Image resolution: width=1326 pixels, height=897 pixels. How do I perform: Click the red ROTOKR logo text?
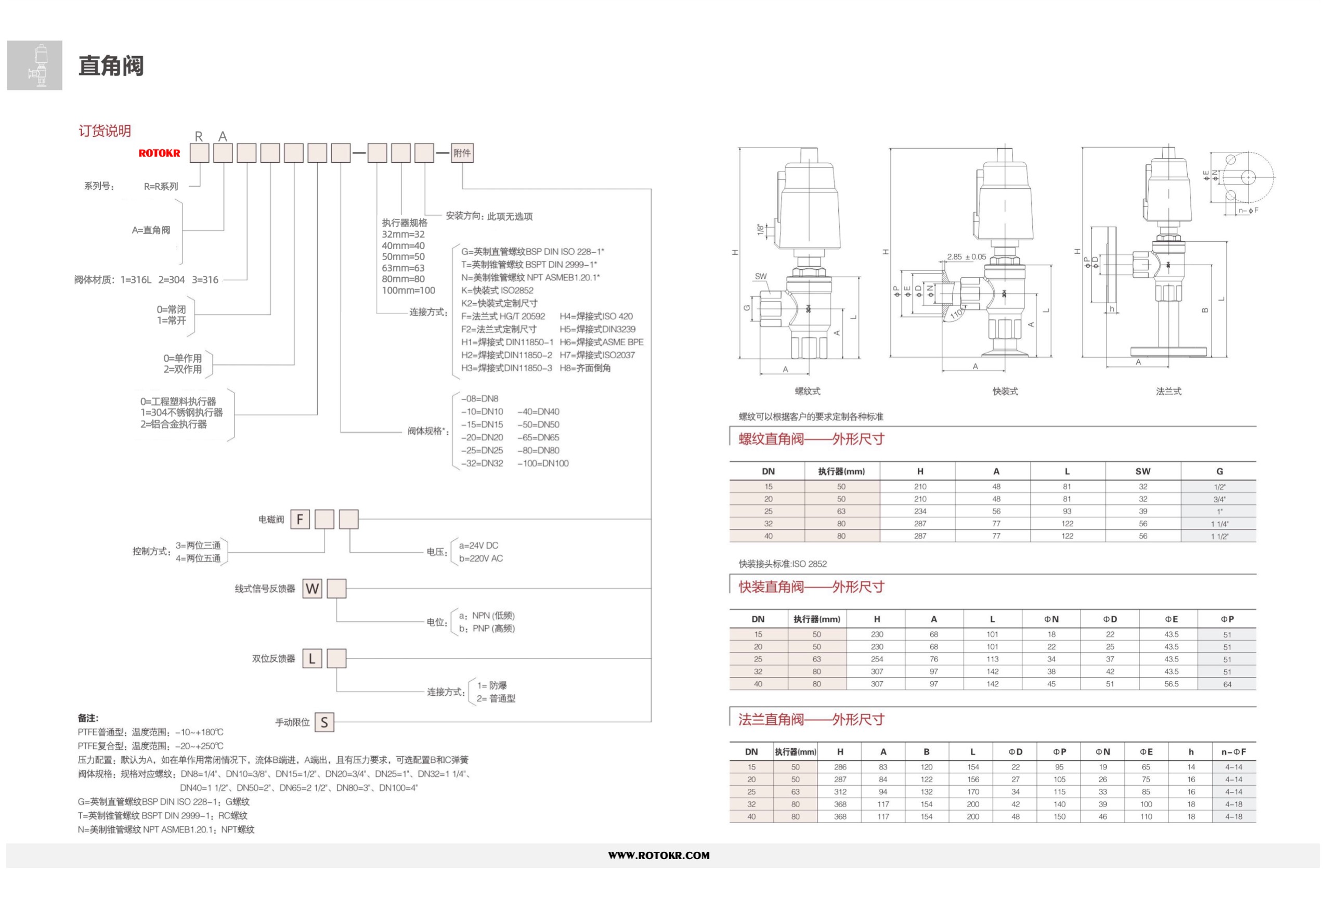click(x=159, y=153)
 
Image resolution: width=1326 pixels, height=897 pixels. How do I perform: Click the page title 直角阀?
click(x=111, y=66)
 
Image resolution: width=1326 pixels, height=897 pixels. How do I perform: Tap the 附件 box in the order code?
click(x=462, y=153)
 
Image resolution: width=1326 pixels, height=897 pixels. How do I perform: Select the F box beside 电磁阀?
click(x=300, y=519)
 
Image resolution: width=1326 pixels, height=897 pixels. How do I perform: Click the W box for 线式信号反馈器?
click(x=312, y=588)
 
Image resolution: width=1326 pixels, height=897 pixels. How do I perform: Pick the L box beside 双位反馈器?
click(x=312, y=658)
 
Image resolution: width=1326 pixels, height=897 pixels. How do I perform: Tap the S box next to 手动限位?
click(x=324, y=722)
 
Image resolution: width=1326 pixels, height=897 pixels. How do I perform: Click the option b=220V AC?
click(x=481, y=558)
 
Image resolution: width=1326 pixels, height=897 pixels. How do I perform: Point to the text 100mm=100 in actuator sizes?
click(x=409, y=291)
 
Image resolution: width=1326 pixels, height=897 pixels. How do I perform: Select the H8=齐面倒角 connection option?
click(x=585, y=368)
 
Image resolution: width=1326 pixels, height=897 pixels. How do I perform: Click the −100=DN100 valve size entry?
click(x=543, y=463)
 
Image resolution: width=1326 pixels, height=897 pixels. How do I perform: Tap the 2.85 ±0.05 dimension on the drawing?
click(x=967, y=257)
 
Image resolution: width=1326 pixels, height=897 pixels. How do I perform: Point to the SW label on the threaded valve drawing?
click(x=761, y=276)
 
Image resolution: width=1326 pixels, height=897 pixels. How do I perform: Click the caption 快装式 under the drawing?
click(x=1005, y=391)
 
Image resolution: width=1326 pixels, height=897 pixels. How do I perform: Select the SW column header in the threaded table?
click(x=1143, y=471)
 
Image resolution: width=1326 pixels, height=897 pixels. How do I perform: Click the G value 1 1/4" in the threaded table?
click(x=1219, y=524)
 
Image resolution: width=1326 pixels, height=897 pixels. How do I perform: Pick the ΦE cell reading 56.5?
click(x=1172, y=684)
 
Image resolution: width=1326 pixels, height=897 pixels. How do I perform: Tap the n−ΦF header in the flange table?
click(x=1233, y=752)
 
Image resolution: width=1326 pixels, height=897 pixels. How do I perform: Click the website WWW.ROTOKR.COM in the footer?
click(x=659, y=855)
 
